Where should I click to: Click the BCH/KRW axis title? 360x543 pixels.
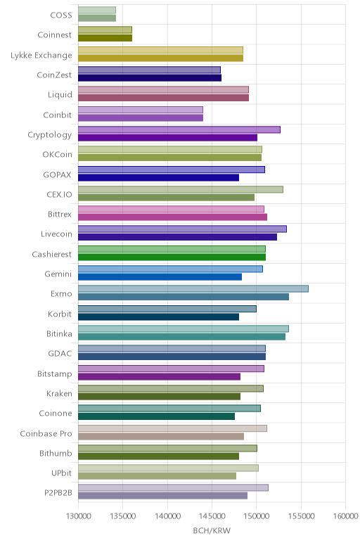tap(212, 530)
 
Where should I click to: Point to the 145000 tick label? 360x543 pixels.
tap(212, 516)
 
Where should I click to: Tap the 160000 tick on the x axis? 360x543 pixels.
tap(345, 516)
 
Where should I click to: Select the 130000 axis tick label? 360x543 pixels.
tap(78, 516)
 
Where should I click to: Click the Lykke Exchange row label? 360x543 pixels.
tap(41, 55)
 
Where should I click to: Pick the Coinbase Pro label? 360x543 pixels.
tap(46, 433)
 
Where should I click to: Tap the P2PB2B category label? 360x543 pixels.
tap(58, 492)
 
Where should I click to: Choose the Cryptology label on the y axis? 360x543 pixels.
tap(50, 135)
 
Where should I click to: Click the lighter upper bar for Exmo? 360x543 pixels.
tap(193, 289)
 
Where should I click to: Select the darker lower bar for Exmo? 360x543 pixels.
tap(184, 297)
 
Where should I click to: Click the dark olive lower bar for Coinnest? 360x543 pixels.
tap(105, 38)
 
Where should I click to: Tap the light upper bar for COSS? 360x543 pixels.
tap(97, 10)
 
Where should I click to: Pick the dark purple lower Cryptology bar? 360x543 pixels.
tap(168, 138)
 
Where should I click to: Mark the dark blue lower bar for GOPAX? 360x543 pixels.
tap(158, 178)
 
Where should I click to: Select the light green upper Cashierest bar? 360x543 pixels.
tap(172, 249)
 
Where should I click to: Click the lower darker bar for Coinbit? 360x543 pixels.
tap(141, 117)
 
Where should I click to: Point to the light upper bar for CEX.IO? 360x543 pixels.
tap(181, 189)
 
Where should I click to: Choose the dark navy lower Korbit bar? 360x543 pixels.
tap(158, 317)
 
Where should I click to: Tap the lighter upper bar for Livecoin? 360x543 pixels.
tap(182, 229)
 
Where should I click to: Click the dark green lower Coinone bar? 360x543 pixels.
tap(157, 416)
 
